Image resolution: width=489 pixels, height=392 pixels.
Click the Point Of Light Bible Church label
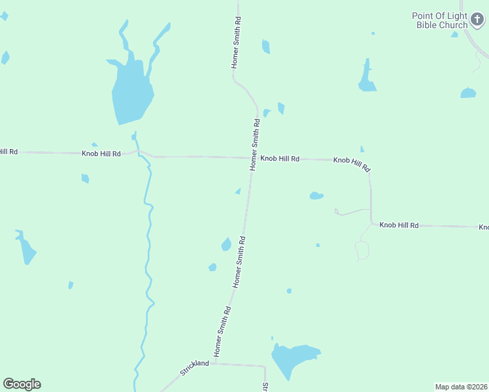point(439,20)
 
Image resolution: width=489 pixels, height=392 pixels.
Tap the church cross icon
point(477,21)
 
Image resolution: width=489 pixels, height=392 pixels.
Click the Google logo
point(22,384)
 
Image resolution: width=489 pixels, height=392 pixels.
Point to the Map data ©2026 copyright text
point(461,387)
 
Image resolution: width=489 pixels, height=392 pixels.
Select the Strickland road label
point(194,368)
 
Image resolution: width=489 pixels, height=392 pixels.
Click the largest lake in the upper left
point(131,91)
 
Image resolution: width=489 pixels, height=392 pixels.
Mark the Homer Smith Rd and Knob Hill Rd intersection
point(253,157)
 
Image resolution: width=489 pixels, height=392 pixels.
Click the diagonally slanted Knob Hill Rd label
point(352,164)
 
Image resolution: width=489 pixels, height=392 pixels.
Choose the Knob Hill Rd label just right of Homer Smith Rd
point(280,159)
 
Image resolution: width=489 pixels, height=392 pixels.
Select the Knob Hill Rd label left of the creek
point(101,154)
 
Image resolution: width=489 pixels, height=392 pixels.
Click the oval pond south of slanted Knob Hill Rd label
point(316,195)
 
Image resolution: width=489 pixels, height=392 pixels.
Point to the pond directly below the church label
point(468,93)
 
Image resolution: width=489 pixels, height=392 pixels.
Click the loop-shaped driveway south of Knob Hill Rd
point(362,250)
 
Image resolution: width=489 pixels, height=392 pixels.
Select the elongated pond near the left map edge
point(27,250)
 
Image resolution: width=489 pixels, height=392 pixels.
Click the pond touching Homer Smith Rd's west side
point(226,244)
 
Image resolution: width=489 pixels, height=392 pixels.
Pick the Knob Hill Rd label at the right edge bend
point(399,225)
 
